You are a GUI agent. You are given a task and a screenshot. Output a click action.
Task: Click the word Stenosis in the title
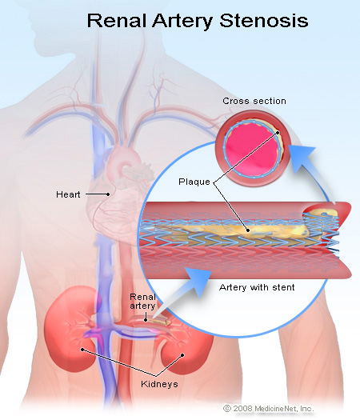point(264,20)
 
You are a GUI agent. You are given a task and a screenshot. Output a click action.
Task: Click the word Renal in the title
point(118,20)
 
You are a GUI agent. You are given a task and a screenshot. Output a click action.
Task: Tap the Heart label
point(68,194)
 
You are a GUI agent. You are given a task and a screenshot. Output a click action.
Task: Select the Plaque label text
point(194,182)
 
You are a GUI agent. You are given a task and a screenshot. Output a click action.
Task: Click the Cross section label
point(254,101)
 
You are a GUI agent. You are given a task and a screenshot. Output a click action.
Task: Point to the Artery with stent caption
point(257,287)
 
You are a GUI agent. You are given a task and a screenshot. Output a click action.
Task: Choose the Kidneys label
point(159,384)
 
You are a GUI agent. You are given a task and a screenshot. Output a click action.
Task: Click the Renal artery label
point(142,302)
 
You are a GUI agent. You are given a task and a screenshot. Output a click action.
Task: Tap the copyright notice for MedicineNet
point(268,409)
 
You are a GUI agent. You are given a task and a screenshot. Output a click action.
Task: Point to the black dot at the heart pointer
point(108,194)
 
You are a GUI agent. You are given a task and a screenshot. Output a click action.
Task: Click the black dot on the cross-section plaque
point(278,133)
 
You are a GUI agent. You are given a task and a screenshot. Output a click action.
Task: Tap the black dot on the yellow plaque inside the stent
point(248,230)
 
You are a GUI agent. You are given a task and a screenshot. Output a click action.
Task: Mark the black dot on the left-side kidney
point(82,350)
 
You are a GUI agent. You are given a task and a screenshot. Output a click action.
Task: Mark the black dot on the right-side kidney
point(182,355)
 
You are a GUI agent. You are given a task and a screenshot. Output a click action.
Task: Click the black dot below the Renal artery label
point(146,320)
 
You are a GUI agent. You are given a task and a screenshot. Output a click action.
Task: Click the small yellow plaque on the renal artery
point(158,320)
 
